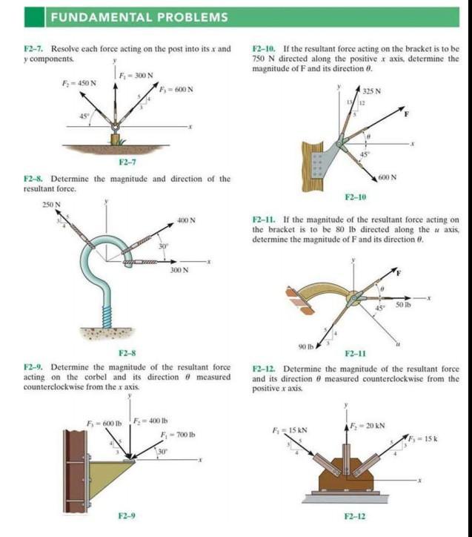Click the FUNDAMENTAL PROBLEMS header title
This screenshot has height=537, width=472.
click(139, 17)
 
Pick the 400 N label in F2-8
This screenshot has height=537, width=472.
click(187, 220)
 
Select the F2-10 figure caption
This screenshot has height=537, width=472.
click(356, 197)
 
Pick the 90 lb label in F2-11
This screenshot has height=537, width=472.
click(305, 346)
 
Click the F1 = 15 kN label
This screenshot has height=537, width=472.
click(285, 429)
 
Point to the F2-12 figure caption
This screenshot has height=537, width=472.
click(356, 515)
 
